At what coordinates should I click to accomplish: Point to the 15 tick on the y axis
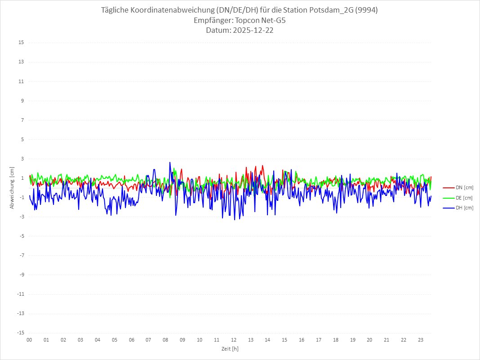21,43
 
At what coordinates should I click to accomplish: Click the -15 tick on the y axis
20,333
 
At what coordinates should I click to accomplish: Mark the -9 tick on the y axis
21,275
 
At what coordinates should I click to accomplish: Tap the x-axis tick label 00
29,340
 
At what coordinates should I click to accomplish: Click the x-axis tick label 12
234,340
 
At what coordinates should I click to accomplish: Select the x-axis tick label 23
421,340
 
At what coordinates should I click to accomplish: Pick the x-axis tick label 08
165,340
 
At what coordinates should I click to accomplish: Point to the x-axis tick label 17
319,340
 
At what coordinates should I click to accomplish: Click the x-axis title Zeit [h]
230,348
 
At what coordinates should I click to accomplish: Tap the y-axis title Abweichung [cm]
12,188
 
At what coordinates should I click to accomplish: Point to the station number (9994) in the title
366,10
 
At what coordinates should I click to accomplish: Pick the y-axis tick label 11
21,81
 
